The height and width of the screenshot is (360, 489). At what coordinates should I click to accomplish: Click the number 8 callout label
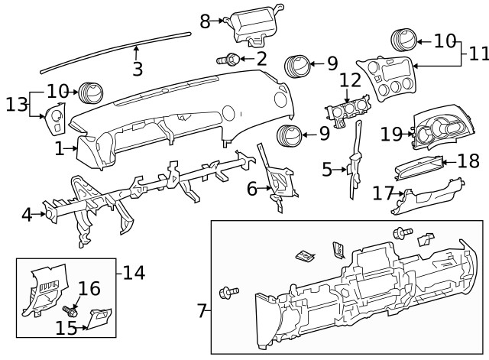[x=205, y=21]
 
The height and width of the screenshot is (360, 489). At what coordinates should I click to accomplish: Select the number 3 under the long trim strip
[x=138, y=69]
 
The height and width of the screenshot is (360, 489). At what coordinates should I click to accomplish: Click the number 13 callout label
[x=15, y=104]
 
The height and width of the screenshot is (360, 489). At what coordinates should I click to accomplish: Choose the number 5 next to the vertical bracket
[x=327, y=169]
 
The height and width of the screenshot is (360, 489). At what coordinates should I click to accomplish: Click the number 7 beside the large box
[x=202, y=310]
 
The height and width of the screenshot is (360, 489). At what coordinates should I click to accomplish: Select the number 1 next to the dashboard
[x=60, y=149]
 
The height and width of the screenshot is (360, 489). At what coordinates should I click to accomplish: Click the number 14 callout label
[x=134, y=271]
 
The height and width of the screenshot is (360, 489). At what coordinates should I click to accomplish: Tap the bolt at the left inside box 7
[x=228, y=291]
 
